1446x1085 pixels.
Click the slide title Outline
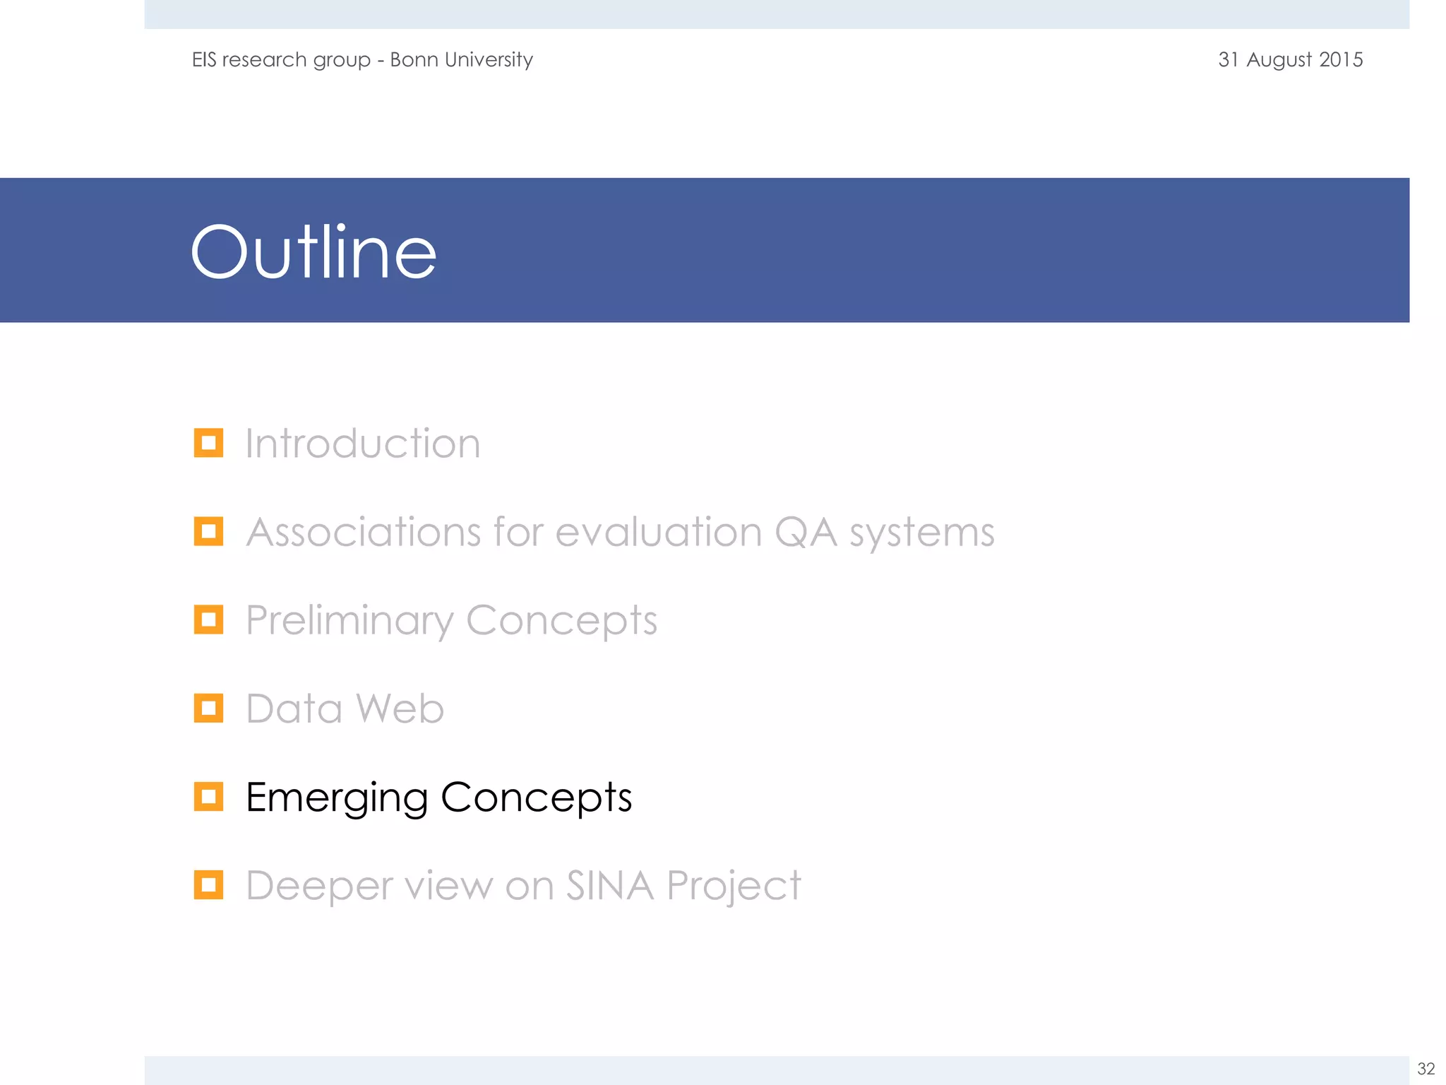point(313,252)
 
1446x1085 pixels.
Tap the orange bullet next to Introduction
point(208,443)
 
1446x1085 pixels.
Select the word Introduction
point(363,444)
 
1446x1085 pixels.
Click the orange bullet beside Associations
point(208,531)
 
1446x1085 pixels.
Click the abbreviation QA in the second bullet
point(806,532)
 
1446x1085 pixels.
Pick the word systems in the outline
point(921,533)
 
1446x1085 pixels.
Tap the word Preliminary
point(349,621)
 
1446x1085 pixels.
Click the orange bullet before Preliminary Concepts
point(208,619)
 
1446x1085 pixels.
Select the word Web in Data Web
point(400,708)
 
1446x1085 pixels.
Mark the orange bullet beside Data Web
point(208,708)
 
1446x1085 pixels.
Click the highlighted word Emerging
point(337,798)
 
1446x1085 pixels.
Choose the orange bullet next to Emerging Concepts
point(208,796)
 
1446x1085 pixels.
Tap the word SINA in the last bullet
point(610,885)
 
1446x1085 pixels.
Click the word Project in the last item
point(734,887)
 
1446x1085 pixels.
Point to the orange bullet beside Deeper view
point(208,884)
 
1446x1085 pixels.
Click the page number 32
point(1426,1069)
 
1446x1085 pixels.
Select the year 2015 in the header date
point(1341,59)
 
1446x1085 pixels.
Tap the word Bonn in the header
point(414,59)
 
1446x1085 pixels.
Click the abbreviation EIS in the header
point(204,59)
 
